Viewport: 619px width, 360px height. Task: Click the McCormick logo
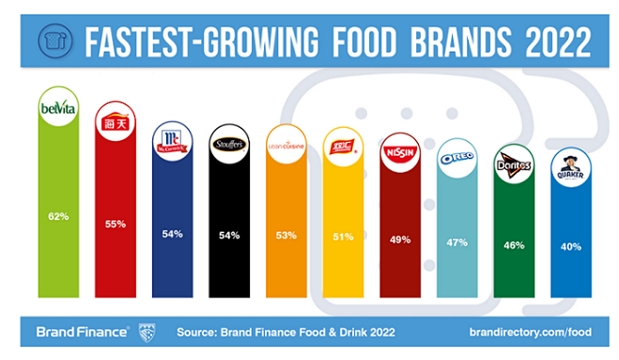click(x=171, y=144)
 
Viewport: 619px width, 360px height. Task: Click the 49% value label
click(x=400, y=239)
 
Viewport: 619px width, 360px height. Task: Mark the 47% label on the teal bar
click(x=457, y=242)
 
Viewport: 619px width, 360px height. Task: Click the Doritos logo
click(x=513, y=166)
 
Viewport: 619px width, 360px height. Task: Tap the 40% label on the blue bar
click(x=571, y=246)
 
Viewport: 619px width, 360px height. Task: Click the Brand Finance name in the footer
click(x=82, y=332)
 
